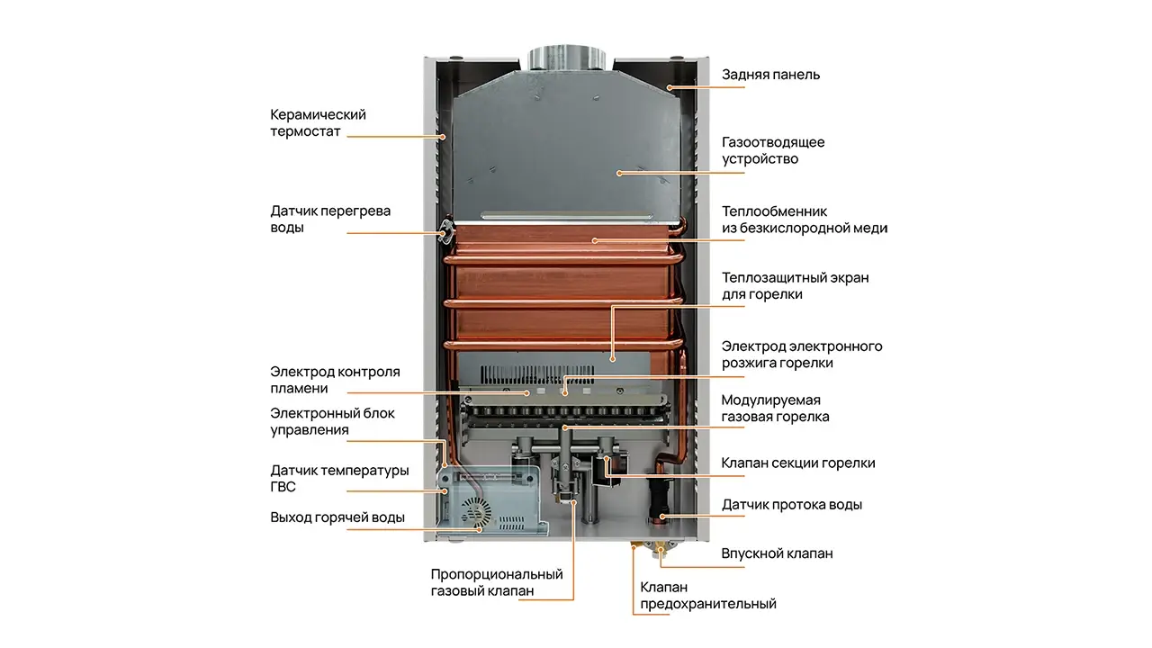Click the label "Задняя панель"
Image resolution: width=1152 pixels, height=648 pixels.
click(770, 75)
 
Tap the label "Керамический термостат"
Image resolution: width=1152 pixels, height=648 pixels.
click(318, 123)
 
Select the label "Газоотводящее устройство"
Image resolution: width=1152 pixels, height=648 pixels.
click(773, 150)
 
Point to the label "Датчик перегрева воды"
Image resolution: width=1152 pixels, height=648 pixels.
click(330, 219)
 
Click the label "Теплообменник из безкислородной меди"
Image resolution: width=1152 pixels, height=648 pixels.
click(805, 220)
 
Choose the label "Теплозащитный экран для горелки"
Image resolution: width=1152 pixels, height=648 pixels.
click(795, 286)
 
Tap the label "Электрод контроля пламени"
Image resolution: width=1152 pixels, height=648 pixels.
click(335, 380)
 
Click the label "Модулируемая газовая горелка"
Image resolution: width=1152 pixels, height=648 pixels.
click(775, 409)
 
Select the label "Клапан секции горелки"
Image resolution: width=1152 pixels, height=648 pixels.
click(797, 463)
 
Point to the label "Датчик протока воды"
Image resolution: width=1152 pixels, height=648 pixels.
click(791, 505)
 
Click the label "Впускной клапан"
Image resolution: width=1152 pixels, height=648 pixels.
click(777, 553)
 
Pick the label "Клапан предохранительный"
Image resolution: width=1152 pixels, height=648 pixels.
click(707, 595)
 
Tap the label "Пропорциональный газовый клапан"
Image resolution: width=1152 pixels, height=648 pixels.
click(497, 582)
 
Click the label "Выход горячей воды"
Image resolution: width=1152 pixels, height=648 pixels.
click(337, 517)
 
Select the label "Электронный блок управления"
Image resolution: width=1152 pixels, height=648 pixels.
click(332, 421)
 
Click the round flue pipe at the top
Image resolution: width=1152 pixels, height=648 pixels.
click(567, 58)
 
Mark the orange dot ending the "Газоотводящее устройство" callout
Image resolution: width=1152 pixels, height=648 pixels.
click(620, 174)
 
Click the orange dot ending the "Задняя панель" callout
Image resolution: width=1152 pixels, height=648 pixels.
click(670, 88)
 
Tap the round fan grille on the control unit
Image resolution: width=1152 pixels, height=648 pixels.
click(476, 512)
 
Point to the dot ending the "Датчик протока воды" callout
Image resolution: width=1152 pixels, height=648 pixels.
click(663, 517)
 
